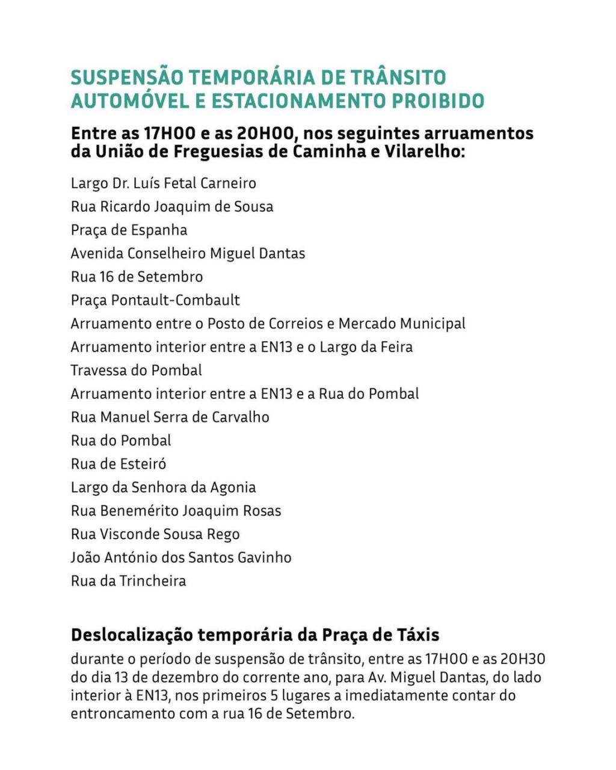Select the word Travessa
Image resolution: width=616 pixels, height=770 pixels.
click(x=97, y=371)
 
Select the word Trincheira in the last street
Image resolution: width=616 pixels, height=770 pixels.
click(x=153, y=582)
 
